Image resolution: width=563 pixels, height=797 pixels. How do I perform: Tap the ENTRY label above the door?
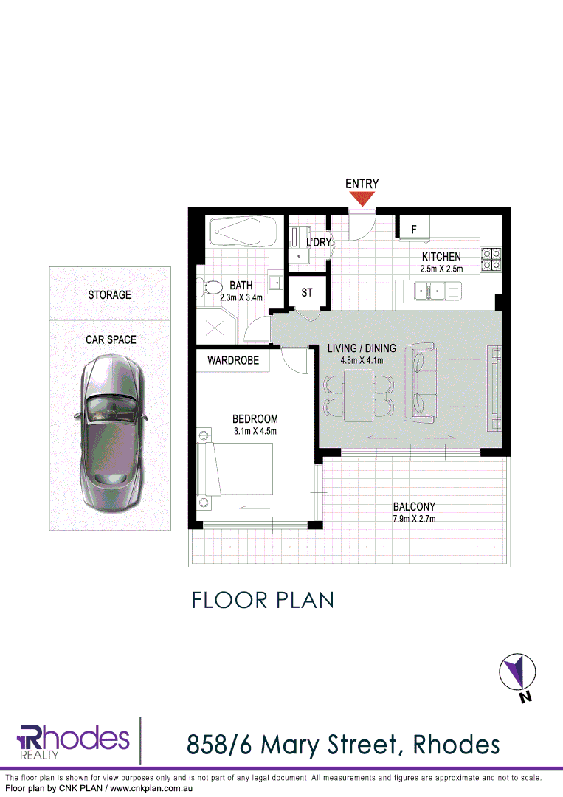pos(362,184)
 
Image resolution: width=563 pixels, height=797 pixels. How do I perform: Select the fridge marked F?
pos(414,230)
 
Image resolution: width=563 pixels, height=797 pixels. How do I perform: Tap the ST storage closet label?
pos(307,293)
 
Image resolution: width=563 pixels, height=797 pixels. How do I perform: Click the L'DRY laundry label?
pos(320,242)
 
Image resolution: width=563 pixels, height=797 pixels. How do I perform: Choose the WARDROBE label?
pos(232,361)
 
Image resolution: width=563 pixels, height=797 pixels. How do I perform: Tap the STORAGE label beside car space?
pos(109,294)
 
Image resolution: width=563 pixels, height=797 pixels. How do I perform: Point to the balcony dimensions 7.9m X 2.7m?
pos(413,519)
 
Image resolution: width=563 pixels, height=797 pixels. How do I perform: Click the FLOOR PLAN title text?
pos(263,600)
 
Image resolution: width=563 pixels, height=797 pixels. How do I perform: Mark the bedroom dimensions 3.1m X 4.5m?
pos(255,431)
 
